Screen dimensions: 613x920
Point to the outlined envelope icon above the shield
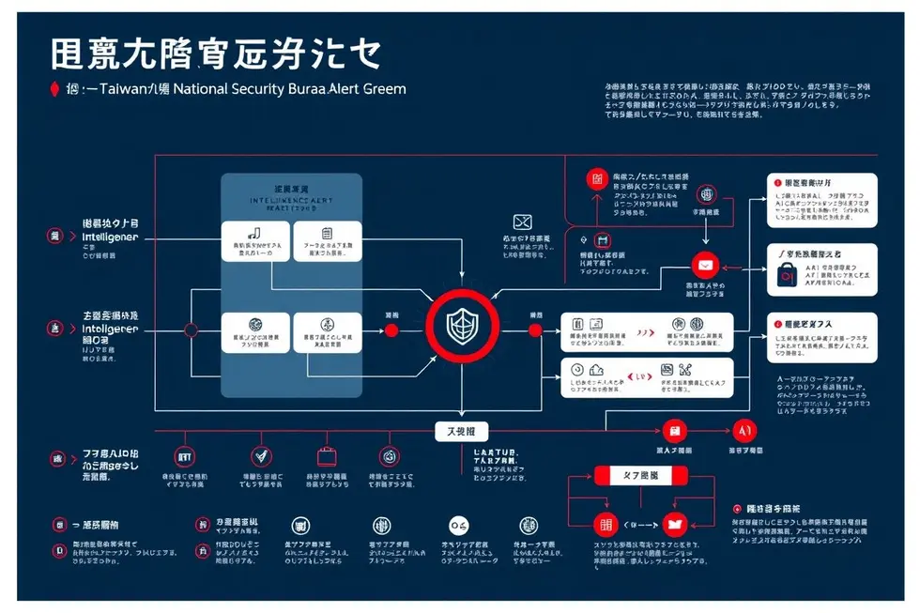523,222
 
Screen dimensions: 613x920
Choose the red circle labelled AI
744,431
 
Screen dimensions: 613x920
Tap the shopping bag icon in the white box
787,273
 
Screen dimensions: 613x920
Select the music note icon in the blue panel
253,233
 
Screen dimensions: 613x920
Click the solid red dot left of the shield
391,330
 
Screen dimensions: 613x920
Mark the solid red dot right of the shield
535,330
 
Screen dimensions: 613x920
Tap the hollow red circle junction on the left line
191,330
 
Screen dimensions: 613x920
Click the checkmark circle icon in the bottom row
262,456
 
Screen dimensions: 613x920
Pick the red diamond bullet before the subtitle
54,90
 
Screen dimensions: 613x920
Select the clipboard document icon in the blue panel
327,233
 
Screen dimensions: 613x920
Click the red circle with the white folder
675,525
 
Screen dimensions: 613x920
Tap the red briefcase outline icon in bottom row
326,456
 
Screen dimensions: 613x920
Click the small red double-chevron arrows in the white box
644,332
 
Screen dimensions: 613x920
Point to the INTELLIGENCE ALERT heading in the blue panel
290,201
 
